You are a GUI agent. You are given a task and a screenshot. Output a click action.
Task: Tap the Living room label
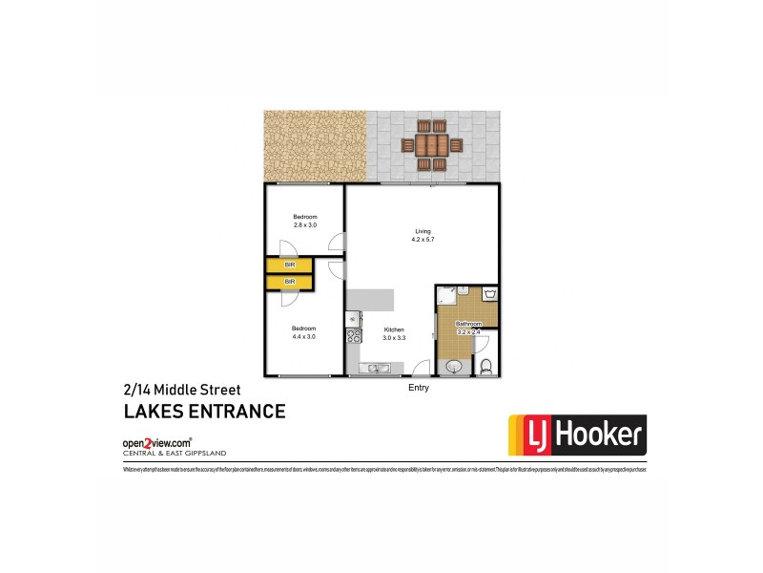point(423,229)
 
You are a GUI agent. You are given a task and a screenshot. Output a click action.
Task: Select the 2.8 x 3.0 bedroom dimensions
point(304,224)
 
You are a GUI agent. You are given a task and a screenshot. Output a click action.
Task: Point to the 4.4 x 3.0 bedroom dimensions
point(304,335)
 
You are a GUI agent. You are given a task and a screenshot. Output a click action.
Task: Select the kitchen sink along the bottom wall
point(373,368)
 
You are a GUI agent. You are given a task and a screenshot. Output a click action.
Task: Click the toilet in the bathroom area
point(484,365)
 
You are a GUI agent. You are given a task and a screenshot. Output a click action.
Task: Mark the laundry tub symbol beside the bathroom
point(490,294)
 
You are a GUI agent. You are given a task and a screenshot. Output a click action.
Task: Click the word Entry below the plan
point(418,389)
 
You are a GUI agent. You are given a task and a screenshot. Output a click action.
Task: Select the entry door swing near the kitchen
point(420,367)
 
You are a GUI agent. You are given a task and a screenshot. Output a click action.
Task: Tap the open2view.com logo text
point(156,443)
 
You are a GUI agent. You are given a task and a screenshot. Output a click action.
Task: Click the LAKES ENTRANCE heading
point(204,413)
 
